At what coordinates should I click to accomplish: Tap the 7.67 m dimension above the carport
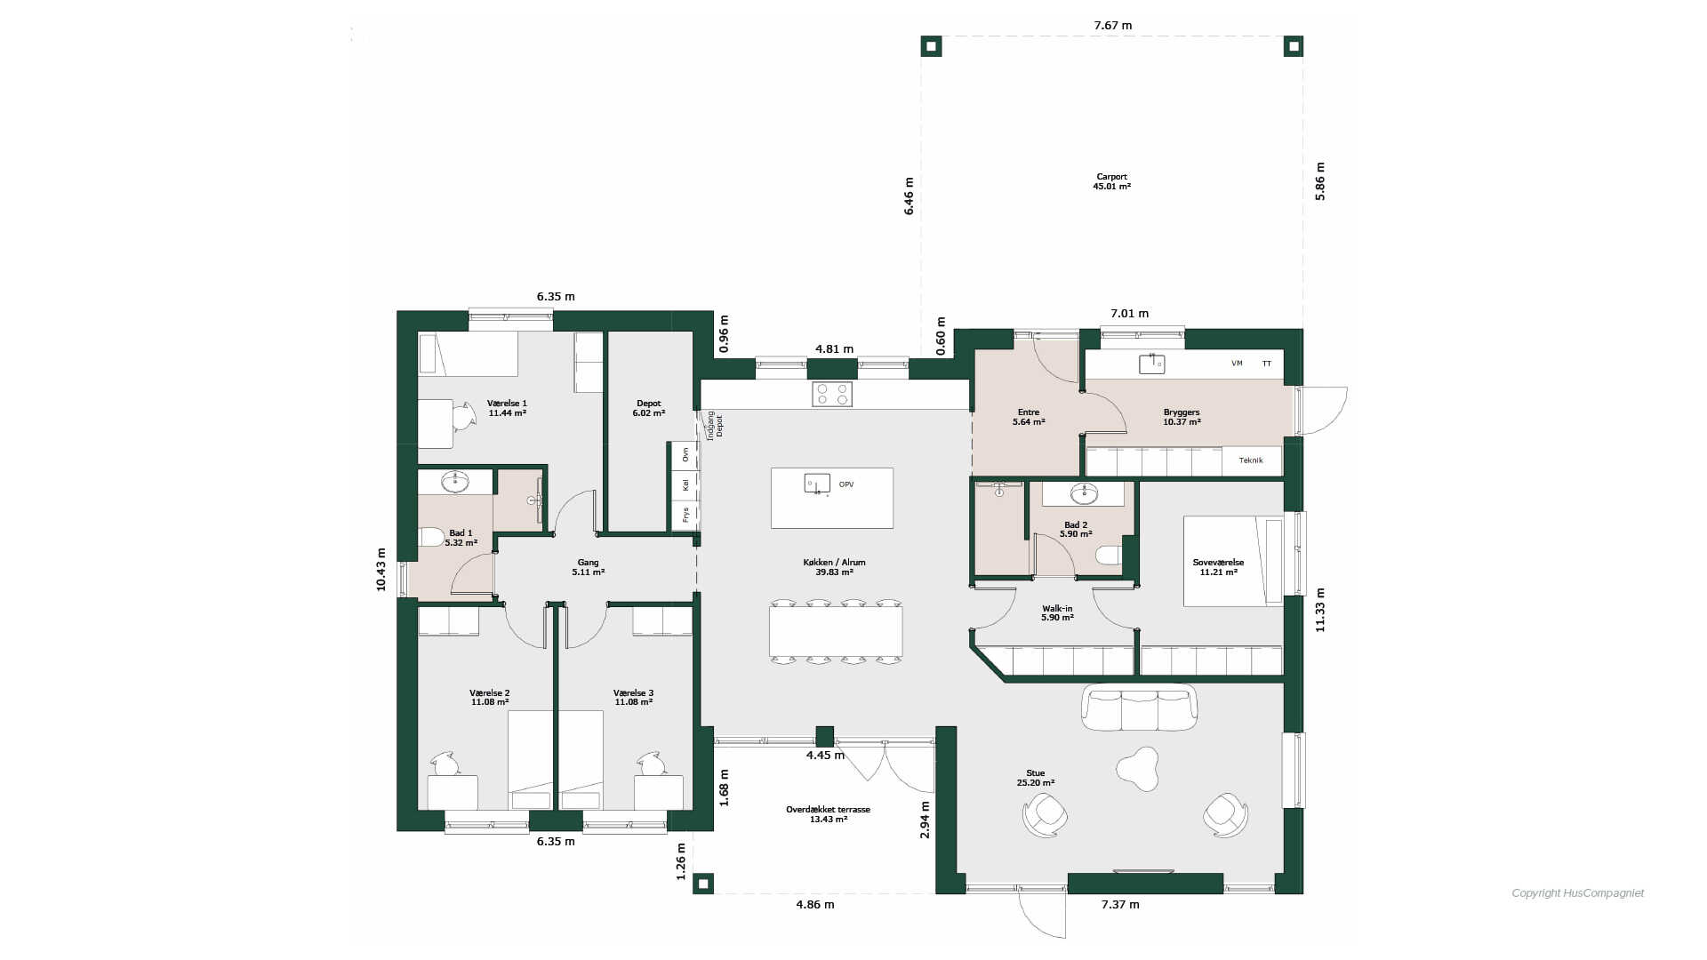click(1113, 25)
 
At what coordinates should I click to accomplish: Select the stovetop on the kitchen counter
click(832, 394)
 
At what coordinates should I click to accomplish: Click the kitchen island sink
click(817, 484)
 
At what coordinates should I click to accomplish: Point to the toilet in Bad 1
click(431, 537)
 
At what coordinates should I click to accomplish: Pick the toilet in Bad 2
click(1109, 555)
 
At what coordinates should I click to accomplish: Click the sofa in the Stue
click(1139, 707)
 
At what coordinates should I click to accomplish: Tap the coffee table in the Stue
click(1137, 768)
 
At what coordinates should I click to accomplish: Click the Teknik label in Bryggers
click(1251, 460)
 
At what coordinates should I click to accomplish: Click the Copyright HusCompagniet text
click(1578, 893)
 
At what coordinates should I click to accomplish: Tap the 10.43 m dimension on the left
click(381, 569)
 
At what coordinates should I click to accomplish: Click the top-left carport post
click(931, 45)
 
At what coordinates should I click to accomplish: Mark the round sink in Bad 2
click(1084, 493)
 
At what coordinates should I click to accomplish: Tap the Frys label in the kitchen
click(685, 515)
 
